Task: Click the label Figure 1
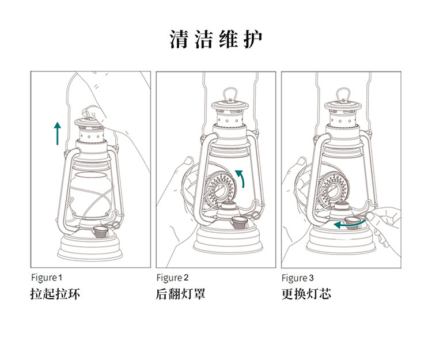coord(47,278)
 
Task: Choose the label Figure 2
coord(172,278)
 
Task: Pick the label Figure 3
coord(298,278)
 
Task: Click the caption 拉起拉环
coord(55,294)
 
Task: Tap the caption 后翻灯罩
coord(180,294)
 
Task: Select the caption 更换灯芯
coord(306,294)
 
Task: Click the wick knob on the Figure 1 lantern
coord(101,232)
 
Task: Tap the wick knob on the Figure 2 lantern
coord(237,222)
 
